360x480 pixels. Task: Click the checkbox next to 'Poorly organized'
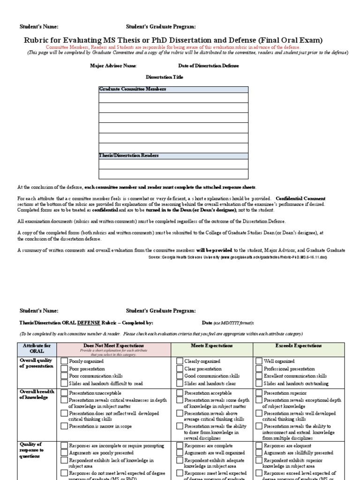(x=64, y=361)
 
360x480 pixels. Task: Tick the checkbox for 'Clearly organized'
(x=180, y=361)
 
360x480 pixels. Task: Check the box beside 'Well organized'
(x=259, y=361)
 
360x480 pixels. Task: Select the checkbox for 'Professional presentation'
(x=259, y=369)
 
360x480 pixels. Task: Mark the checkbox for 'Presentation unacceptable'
(x=64, y=393)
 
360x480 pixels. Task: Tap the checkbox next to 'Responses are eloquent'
(x=259, y=446)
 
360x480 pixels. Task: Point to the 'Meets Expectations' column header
(x=211, y=346)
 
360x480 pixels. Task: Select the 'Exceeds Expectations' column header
(x=298, y=346)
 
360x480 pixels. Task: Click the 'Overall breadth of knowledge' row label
(x=37, y=394)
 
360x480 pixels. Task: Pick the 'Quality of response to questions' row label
(x=32, y=450)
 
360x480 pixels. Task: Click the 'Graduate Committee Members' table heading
(x=133, y=89)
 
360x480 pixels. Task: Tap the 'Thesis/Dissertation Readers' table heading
(x=129, y=156)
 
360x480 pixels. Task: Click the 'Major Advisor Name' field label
(x=113, y=66)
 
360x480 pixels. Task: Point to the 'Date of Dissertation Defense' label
(x=209, y=66)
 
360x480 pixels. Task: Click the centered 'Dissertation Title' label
(x=165, y=77)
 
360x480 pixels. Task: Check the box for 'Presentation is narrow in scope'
(x=64, y=426)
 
